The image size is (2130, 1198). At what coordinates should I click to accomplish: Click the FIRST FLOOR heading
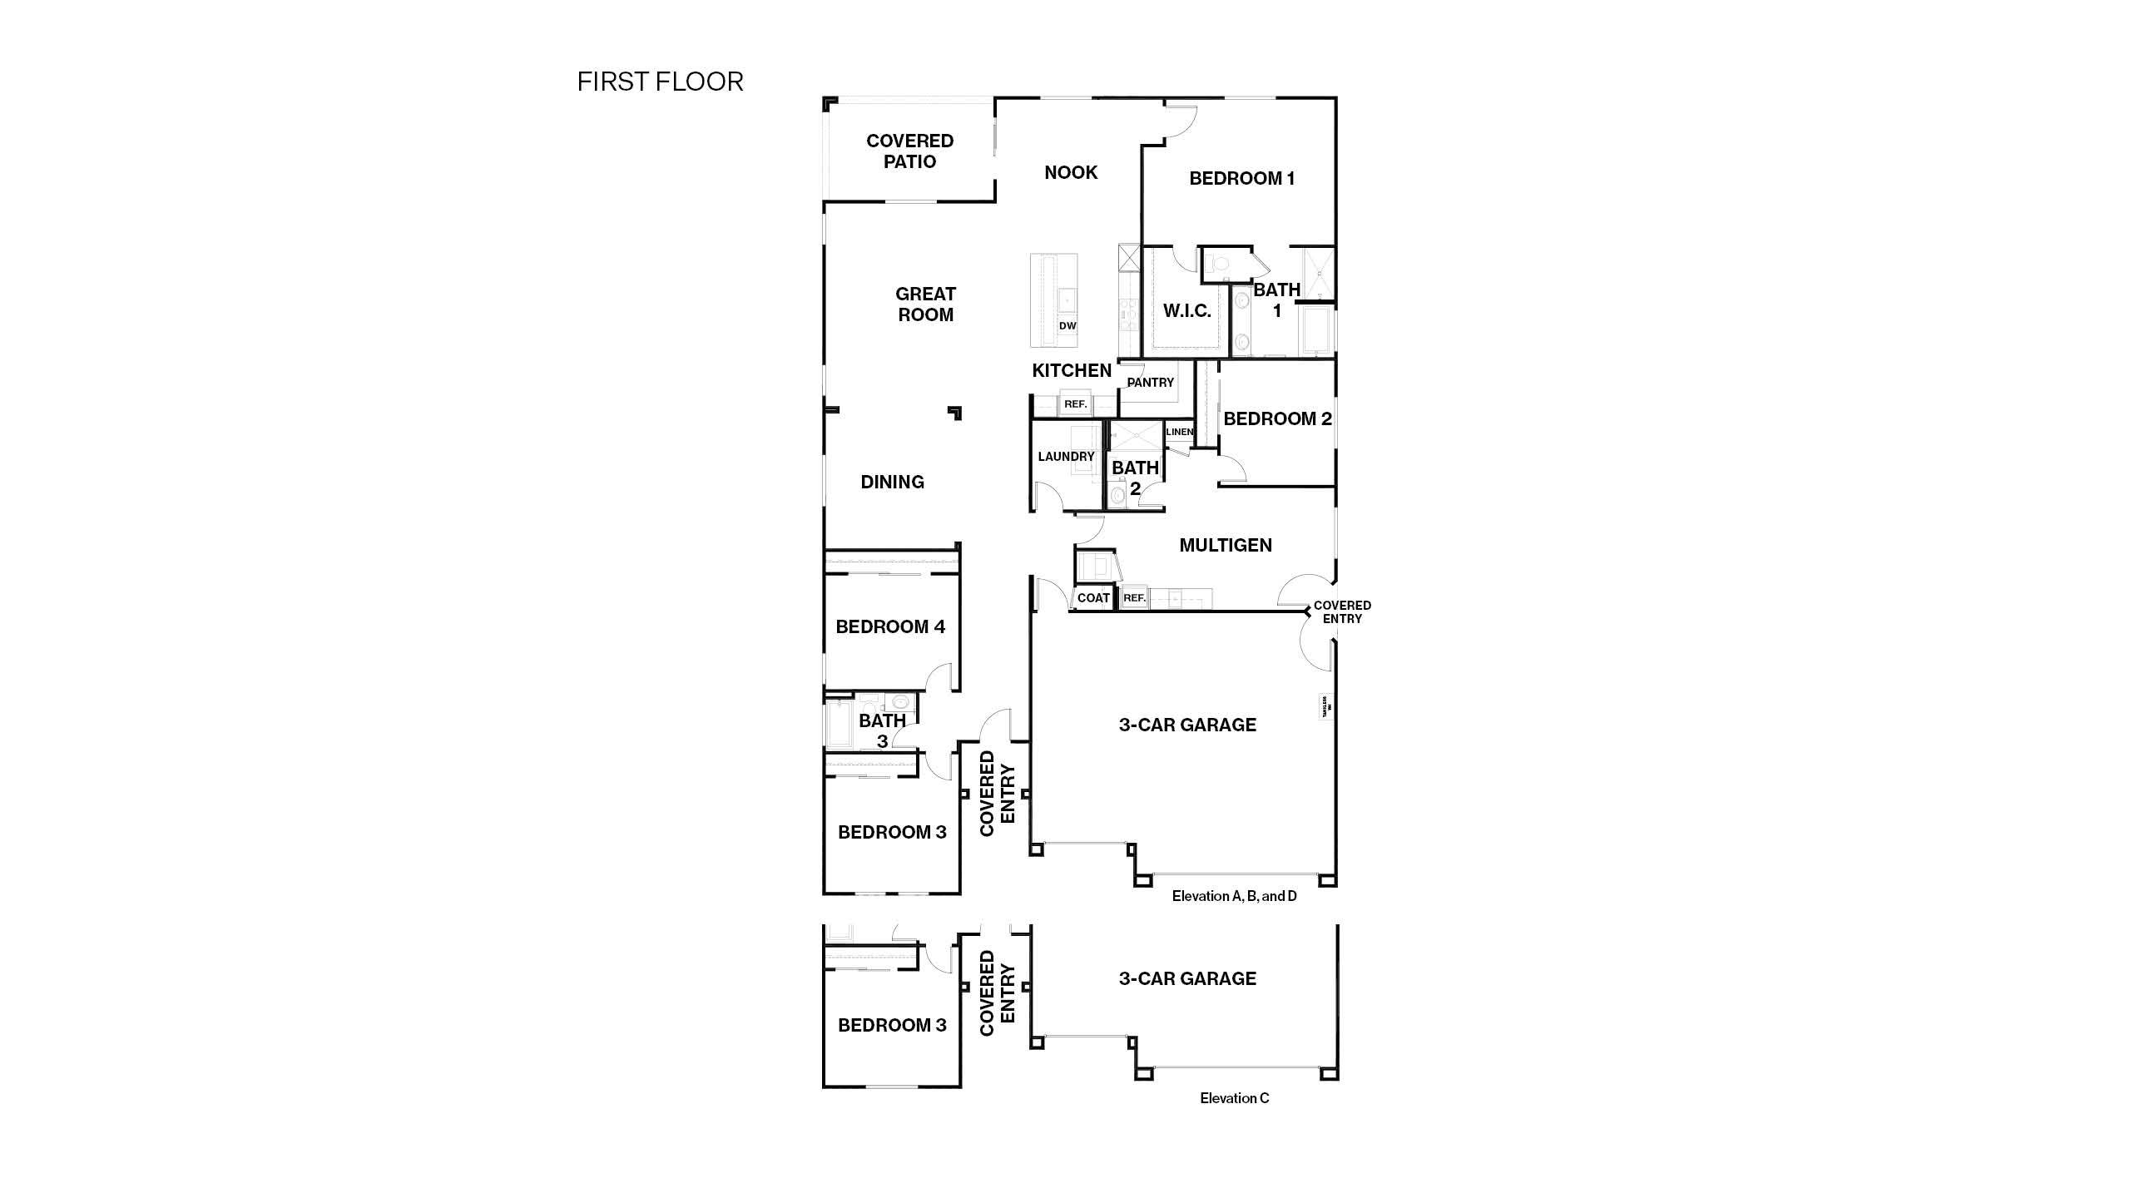pyautogui.click(x=660, y=82)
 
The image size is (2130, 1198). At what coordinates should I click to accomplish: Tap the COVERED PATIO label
pyautogui.click(x=909, y=151)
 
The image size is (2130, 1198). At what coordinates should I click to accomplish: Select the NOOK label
pyautogui.click(x=1071, y=172)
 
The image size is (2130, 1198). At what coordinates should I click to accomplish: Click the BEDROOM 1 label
pyautogui.click(x=1241, y=178)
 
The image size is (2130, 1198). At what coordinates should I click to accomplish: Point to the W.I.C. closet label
pyautogui.click(x=1186, y=311)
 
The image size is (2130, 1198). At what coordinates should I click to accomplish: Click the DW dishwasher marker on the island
pyautogui.click(x=1067, y=325)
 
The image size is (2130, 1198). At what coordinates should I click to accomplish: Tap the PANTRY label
pyautogui.click(x=1150, y=383)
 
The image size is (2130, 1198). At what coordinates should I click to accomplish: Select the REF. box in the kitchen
pyautogui.click(x=1075, y=404)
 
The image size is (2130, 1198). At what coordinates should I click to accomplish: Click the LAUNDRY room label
pyautogui.click(x=1066, y=457)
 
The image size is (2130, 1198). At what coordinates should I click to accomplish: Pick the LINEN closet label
pyautogui.click(x=1179, y=432)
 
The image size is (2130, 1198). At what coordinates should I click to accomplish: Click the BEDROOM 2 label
pyautogui.click(x=1277, y=418)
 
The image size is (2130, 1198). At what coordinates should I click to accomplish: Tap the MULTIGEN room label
pyautogui.click(x=1226, y=545)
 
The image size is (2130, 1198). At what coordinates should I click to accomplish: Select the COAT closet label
pyautogui.click(x=1093, y=598)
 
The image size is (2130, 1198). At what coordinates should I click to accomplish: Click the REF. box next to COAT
pyautogui.click(x=1134, y=598)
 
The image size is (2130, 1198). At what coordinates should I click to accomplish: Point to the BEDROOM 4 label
pyautogui.click(x=890, y=626)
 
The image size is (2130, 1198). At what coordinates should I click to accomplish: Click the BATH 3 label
pyautogui.click(x=882, y=730)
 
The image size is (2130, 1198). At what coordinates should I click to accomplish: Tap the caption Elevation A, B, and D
pyautogui.click(x=1234, y=896)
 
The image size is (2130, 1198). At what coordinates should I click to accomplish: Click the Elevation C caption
pyautogui.click(x=1234, y=1098)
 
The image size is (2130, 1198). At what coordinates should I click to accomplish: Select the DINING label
pyautogui.click(x=892, y=482)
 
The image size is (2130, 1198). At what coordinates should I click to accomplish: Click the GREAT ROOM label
pyautogui.click(x=925, y=304)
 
